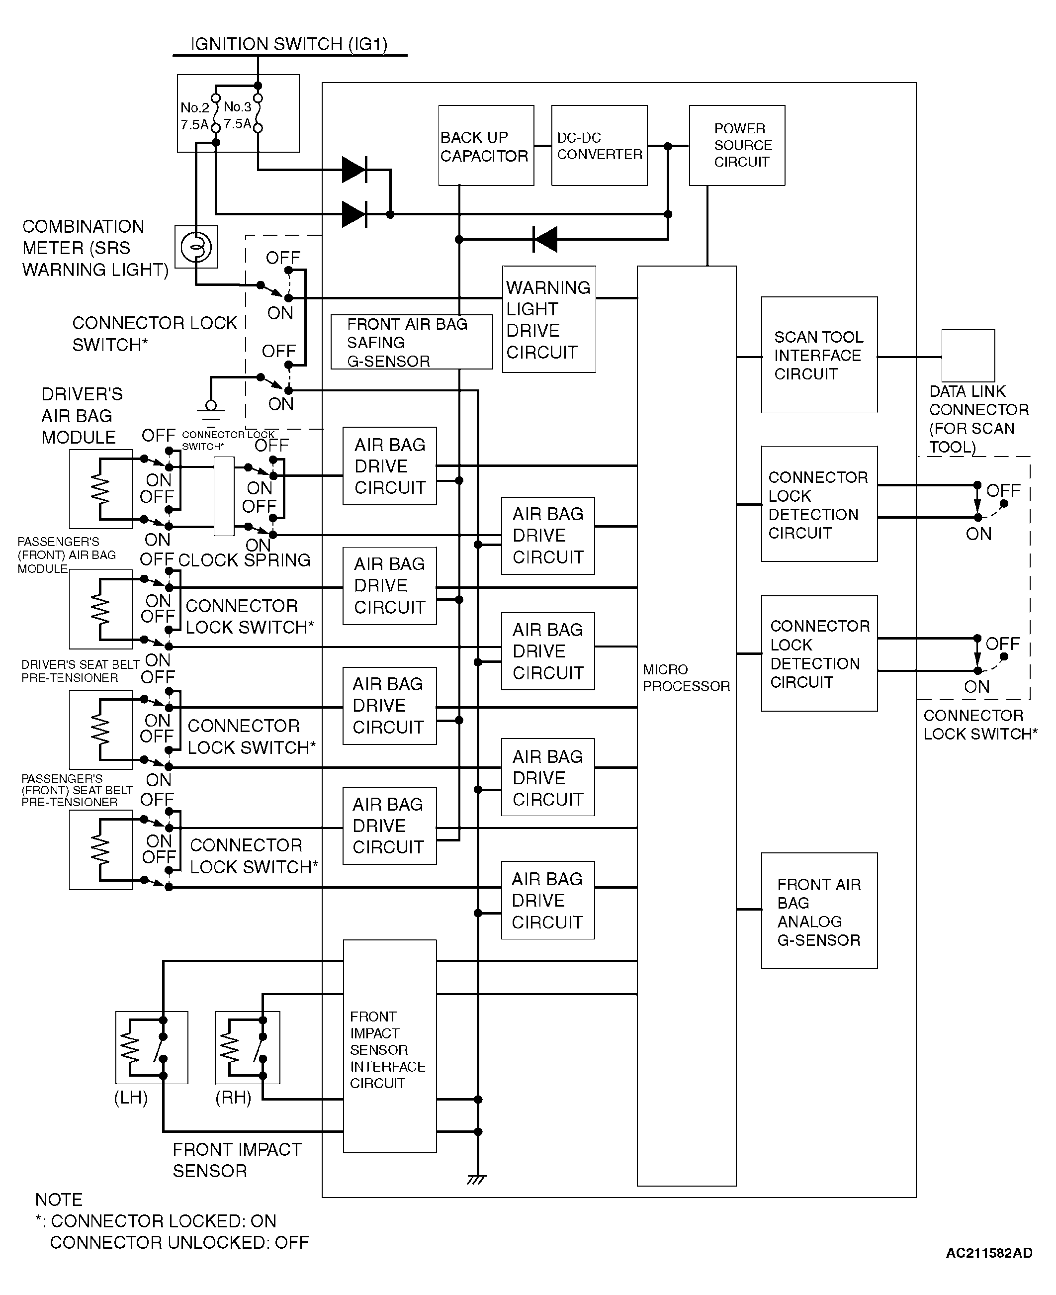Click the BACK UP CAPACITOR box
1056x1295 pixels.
coord(486,145)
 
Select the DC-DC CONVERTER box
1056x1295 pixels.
coord(599,145)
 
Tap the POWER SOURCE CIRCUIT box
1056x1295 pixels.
coord(737,145)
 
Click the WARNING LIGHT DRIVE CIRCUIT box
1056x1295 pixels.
coord(549,319)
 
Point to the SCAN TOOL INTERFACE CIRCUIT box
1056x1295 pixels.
coord(819,355)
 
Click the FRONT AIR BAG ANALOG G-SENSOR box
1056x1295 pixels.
coord(819,911)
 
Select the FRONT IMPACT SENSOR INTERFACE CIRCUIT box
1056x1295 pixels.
coord(390,1046)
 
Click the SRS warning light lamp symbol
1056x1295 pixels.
coord(196,247)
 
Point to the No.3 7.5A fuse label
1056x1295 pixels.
coord(237,115)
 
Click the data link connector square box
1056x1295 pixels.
coord(968,356)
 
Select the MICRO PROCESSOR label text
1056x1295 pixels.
coord(686,678)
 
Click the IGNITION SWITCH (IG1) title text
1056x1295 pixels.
coord(289,44)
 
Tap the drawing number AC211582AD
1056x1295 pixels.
coord(989,1253)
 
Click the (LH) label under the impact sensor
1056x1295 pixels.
coord(131,1098)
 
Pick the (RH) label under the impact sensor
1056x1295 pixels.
coord(233,1098)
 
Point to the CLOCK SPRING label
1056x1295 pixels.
coord(244,560)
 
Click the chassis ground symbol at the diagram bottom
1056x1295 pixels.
coord(477,1180)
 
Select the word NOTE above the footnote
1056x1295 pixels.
coord(59,1200)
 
